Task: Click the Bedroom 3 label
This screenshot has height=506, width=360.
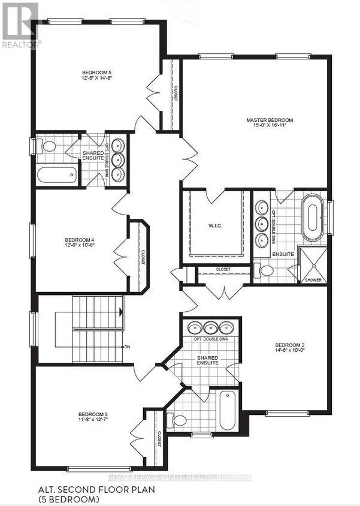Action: pyautogui.click(x=93, y=414)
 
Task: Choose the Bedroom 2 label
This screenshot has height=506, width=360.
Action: pyautogui.click(x=291, y=345)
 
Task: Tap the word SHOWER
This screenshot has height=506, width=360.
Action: pyautogui.click(x=313, y=280)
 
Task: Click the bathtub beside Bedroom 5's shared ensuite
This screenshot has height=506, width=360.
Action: pyautogui.click(x=57, y=175)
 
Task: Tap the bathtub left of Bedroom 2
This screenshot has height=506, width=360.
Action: pyautogui.click(x=226, y=411)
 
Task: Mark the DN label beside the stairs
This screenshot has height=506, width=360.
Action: pyautogui.click(x=126, y=347)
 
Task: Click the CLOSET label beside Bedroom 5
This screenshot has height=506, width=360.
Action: pyautogui.click(x=175, y=94)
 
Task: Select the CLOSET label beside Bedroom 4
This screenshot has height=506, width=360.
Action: pyautogui.click(x=143, y=257)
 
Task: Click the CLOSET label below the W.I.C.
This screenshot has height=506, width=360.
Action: pyautogui.click(x=223, y=270)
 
